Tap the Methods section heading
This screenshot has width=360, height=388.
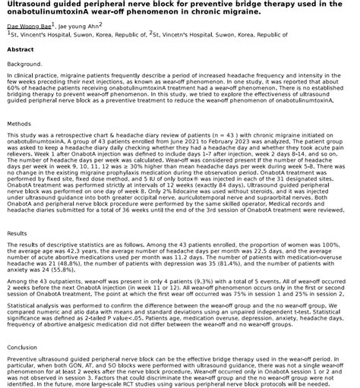pyautogui.click(x=19, y=123)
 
